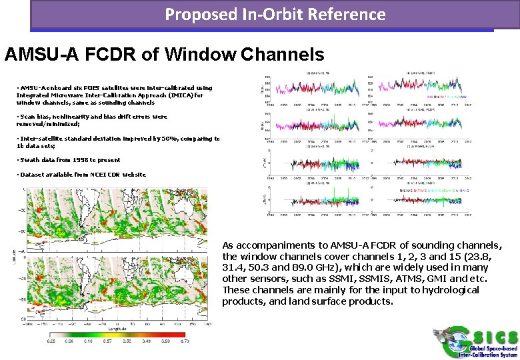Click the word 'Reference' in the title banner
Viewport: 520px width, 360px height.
[349, 14]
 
